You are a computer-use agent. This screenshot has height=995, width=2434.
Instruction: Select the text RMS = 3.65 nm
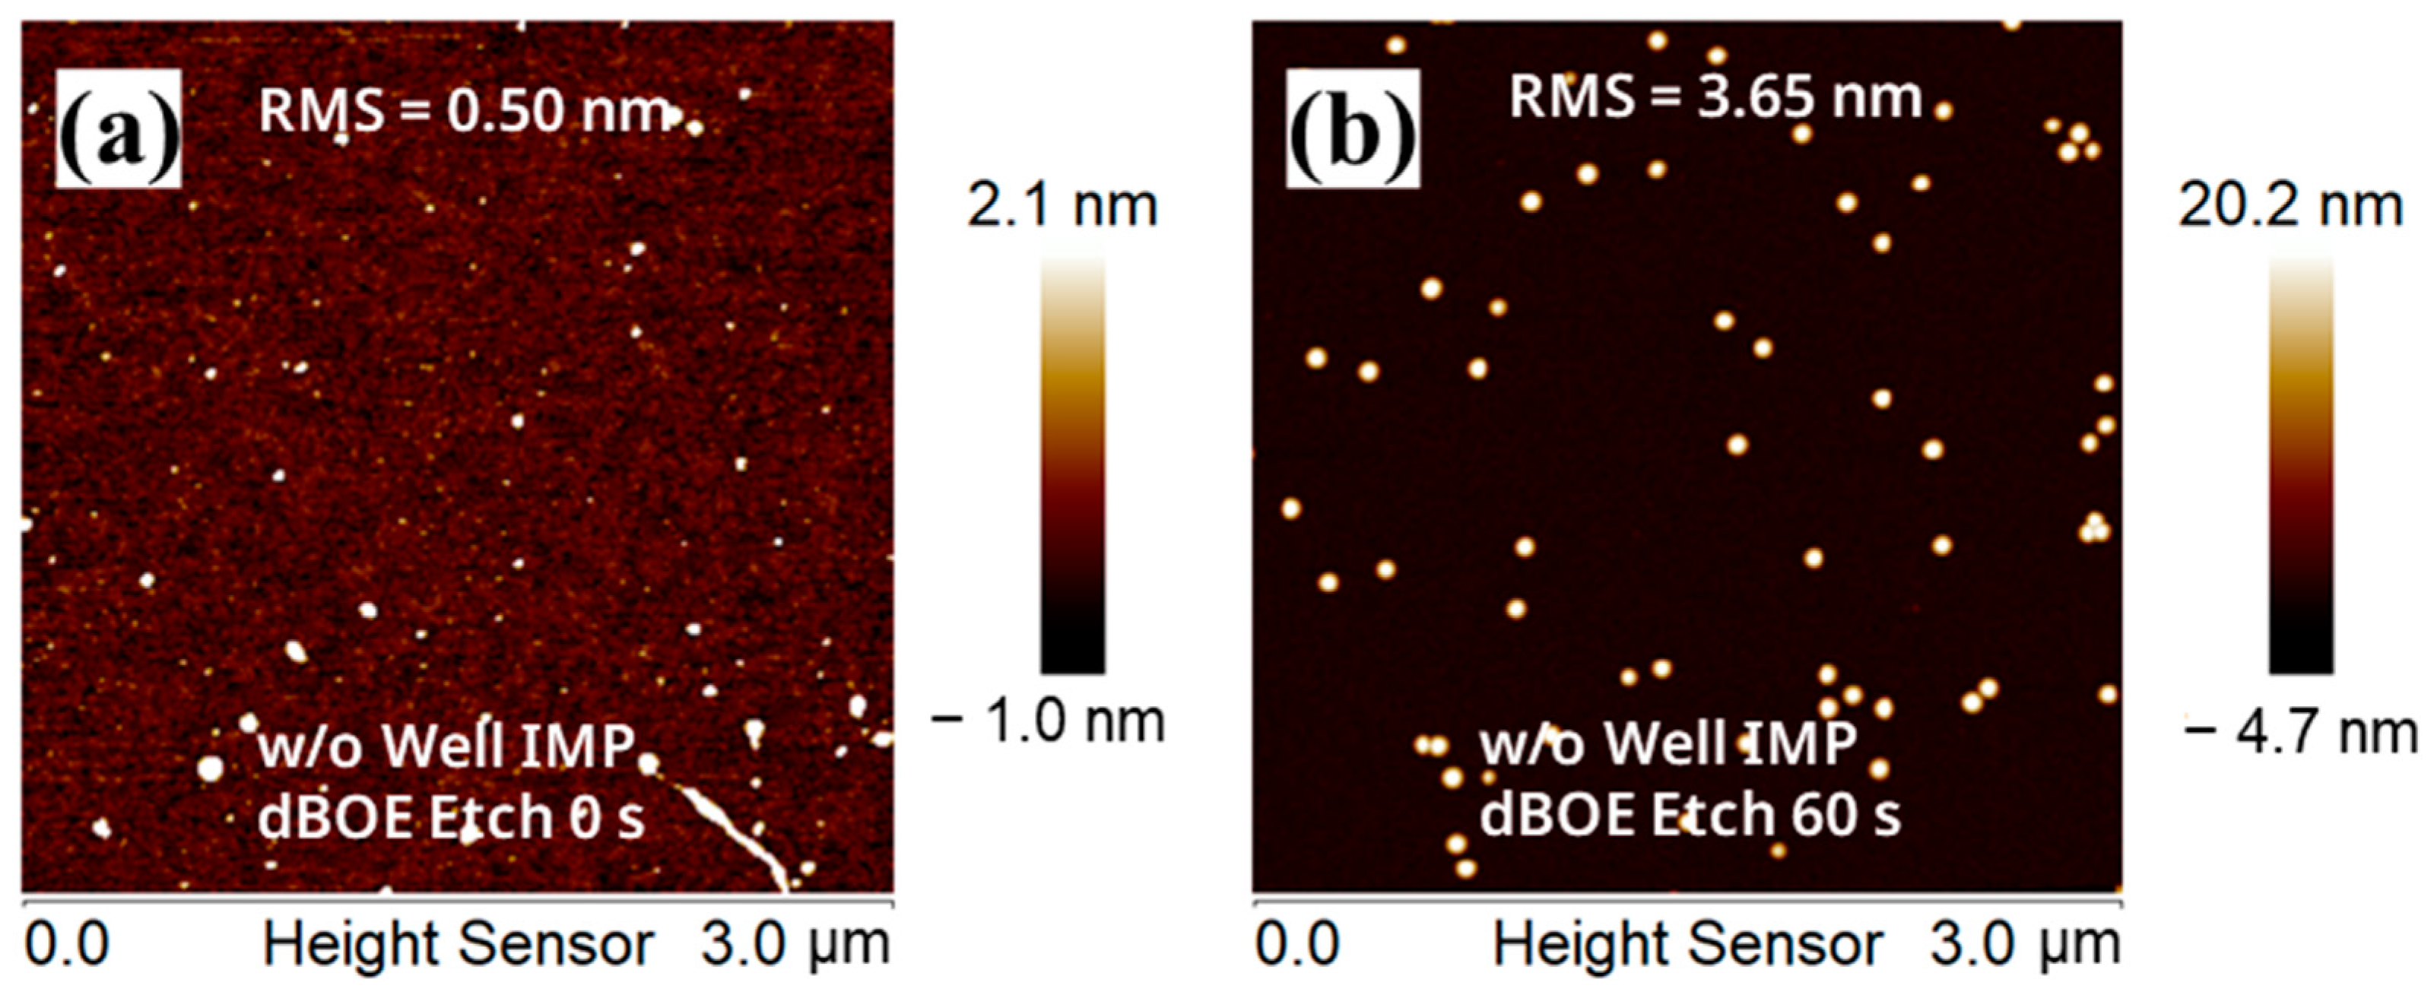pyautogui.click(x=1715, y=97)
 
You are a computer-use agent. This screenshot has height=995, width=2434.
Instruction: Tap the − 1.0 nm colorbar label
pyautogui.click(x=1048, y=722)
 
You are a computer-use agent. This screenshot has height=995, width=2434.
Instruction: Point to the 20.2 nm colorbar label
pyautogui.click(x=2290, y=206)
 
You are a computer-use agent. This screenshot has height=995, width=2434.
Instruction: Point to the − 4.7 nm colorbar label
pyautogui.click(x=2302, y=732)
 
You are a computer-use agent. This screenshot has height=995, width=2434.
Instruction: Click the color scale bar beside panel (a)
pyautogui.click(x=1072, y=463)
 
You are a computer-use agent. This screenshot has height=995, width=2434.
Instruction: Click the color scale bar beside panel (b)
pyautogui.click(x=2301, y=463)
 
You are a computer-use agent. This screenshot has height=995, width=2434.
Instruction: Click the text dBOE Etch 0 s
pyautogui.click(x=452, y=816)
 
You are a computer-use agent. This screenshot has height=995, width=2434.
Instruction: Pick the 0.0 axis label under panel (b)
pyautogui.click(x=1296, y=945)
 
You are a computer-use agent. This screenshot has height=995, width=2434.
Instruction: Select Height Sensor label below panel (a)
pyautogui.click(x=459, y=945)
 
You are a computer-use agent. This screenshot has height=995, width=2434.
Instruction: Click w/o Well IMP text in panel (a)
pyautogui.click(x=446, y=746)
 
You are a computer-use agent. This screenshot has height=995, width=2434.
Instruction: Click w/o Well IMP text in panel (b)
pyautogui.click(x=1668, y=743)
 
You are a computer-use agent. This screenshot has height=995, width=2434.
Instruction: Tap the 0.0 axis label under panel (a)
pyautogui.click(x=66, y=945)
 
